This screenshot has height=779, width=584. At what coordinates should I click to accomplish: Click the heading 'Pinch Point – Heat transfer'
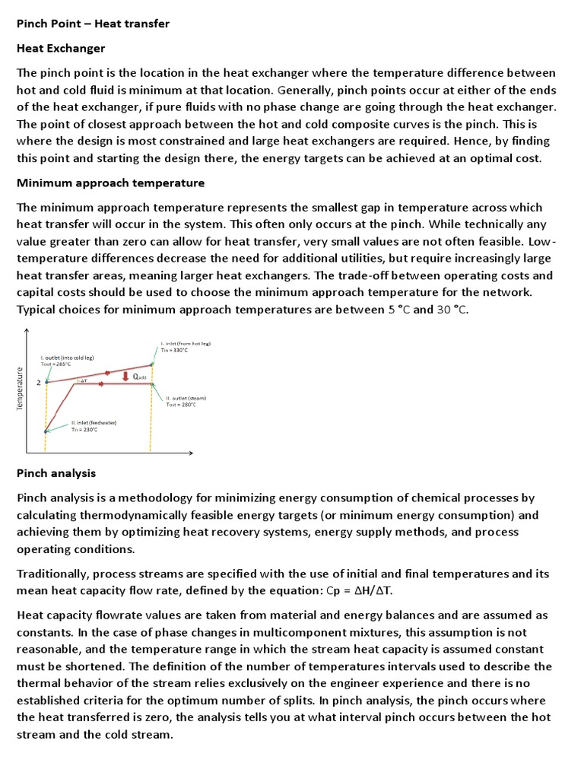tap(93, 24)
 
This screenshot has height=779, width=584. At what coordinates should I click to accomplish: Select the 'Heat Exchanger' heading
tap(61, 48)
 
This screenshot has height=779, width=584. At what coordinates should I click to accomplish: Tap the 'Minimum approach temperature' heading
tap(110, 183)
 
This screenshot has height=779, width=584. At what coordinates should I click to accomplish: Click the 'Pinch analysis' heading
tap(56, 473)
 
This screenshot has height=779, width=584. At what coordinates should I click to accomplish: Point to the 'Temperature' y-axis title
tap(21, 388)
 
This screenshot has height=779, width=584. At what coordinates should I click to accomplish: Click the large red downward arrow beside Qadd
tap(125, 376)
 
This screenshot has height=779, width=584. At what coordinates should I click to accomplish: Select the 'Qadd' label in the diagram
tap(139, 377)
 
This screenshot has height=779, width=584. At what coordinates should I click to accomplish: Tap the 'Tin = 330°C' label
tap(174, 350)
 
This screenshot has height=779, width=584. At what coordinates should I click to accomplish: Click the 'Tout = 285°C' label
tap(58, 364)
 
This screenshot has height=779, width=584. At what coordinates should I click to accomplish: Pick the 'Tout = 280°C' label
tap(181, 405)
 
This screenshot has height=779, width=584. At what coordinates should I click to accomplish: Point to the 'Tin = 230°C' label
tap(87, 429)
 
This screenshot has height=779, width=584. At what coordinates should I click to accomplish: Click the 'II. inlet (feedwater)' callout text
tap(94, 422)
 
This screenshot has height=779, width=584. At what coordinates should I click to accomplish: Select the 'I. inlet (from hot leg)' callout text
tap(185, 343)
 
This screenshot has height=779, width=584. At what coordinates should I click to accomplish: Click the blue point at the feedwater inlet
tap(46, 431)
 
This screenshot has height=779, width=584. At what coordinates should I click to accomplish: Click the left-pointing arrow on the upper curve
tap(109, 373)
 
